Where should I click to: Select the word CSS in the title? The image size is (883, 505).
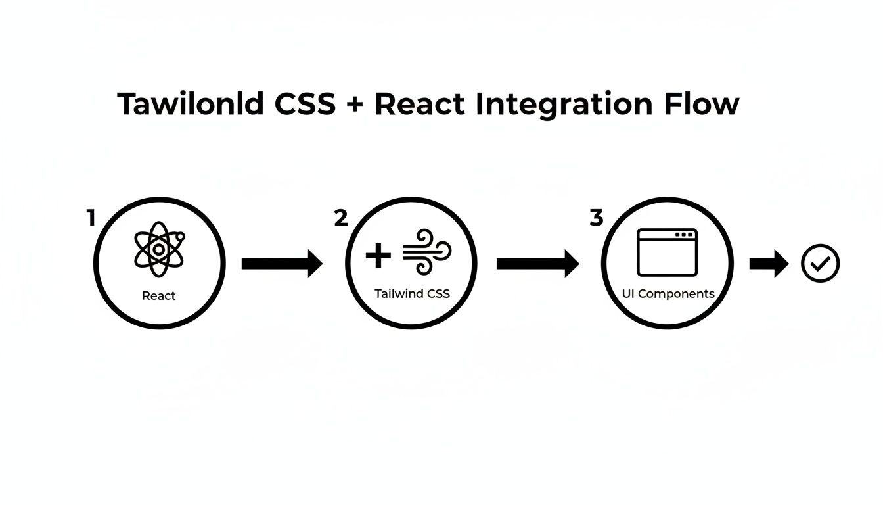pos(305,105)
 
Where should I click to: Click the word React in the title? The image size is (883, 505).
pos(419,105)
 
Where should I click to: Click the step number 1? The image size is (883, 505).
pos(91,218)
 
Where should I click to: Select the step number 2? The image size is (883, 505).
pos(341,218)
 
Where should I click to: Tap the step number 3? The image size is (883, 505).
pos(596,218)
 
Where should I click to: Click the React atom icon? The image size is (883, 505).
pos(158,250)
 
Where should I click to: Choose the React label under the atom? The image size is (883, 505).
pos(159,296)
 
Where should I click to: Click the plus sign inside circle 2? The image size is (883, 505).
pos(378,255)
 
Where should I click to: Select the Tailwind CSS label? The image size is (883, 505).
pos(412,294)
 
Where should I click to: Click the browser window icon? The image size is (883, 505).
pos(667,252)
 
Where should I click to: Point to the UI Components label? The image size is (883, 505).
pos(668,294)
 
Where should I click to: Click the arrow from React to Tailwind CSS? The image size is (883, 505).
pos(283,264)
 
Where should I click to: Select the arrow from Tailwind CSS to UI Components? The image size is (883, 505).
pos(538,264)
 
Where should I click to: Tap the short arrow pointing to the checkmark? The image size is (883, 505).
pos(769,264)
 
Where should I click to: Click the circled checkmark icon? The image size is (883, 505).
pos(821,264)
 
